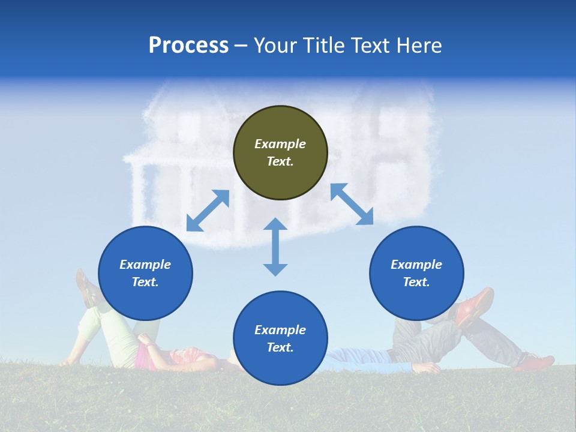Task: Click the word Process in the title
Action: click(x=188, y=46)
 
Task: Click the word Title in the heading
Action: click(x=323, y=46)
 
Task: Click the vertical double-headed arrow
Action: click(x=275, y=247)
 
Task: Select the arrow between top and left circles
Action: click(x=208, y=211)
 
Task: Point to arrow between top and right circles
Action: click(x=352, y=204)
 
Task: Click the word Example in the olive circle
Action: click(x=280, y=144)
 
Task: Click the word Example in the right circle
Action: click(x=416, y=265)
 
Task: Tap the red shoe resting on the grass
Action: click(x=534, y=362)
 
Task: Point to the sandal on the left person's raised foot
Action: click(x=87, y=288)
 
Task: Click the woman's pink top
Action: click(x=144, y=357)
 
